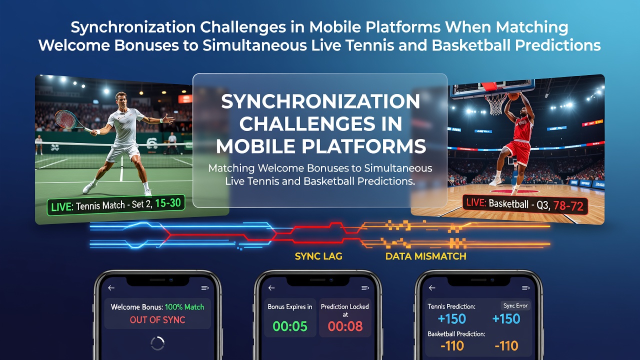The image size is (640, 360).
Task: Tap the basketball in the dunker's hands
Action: (513, 95)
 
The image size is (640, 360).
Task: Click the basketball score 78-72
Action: (568, 206)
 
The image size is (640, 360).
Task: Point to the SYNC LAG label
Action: (318, 256)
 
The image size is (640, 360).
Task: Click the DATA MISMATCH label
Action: (425, 256)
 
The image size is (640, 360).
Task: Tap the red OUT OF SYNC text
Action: (157, 319)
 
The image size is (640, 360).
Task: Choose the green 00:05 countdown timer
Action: (290, 326)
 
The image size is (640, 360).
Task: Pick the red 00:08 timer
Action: (345, 326)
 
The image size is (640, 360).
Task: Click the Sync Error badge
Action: (515, 305)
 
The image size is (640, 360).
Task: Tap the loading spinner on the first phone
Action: (157, 343)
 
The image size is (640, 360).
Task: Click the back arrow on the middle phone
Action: (271, 288)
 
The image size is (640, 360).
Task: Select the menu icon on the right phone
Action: (525, 288)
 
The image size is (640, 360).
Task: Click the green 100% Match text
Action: (184, 307)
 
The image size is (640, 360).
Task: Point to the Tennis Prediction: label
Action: (451, 306)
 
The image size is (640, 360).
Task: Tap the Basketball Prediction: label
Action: (456, 333)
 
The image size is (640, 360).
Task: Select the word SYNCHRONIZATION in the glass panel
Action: (320, 101)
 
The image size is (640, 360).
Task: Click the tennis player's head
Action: (121, 99)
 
